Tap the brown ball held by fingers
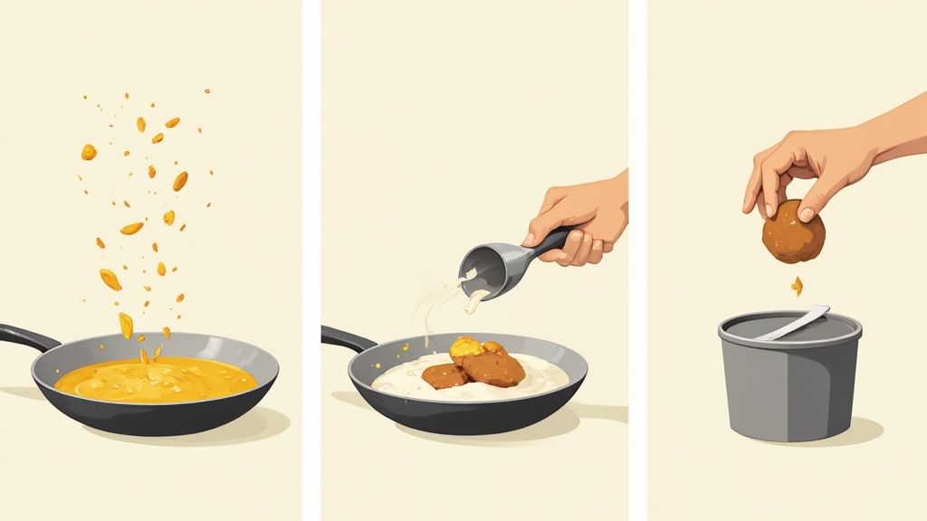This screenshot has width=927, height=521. coord(793,232)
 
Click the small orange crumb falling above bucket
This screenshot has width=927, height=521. coord(797,286)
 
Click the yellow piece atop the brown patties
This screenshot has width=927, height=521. coord(467,346)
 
